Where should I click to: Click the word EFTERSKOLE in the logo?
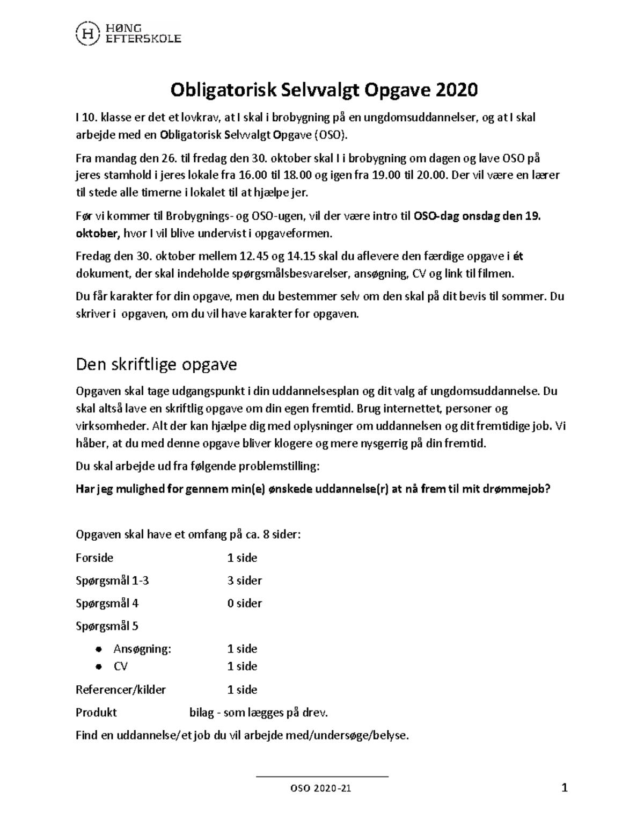[x=142, y=39]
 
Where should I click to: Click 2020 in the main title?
[x=456, y=90]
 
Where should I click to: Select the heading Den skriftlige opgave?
[x=156, y=365]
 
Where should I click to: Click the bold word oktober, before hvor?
[x=98, y=234]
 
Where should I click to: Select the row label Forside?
[x=94, y=558]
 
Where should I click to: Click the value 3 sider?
[x=244, y=581]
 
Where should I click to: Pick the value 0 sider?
[x=244, y=603]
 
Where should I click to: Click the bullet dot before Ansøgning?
[x=98, y=649]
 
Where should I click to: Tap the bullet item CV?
[x=120, y=666]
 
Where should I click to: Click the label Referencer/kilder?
[x=121, y=690]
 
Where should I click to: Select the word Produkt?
[x=96, y=713]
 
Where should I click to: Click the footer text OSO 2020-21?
[x=321, y=789]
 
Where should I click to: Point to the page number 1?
[x=564, y=788]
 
